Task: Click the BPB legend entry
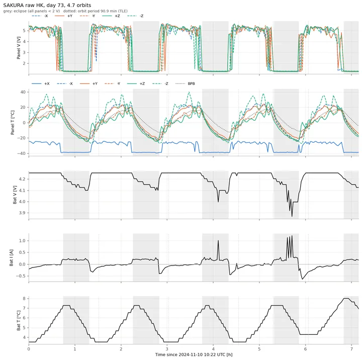click(x=185, y=83)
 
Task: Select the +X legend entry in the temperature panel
click(x=41, y=83)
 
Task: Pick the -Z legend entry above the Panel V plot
click(x=135, y=16)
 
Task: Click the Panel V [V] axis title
click(x=19, y=48)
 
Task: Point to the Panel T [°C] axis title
click(x=13, y=122)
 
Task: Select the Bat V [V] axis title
click(x=15, y=195)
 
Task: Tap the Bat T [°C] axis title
click(x=19, y=320)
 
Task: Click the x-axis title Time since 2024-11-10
click(x=194, y=354)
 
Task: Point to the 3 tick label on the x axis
click(x=167, y=349)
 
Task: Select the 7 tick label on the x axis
click(x=351, y=349)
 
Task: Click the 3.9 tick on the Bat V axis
click(x=23, y=213)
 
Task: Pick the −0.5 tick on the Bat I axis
click(x=21, y=276)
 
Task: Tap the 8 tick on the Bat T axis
click(x=24, y=299)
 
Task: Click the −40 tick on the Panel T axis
click(x=21, y=153)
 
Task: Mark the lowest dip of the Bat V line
click(x=292, y=216)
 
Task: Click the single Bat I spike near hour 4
click(x=218, y=241)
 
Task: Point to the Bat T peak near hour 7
click(x=346, y=298)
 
